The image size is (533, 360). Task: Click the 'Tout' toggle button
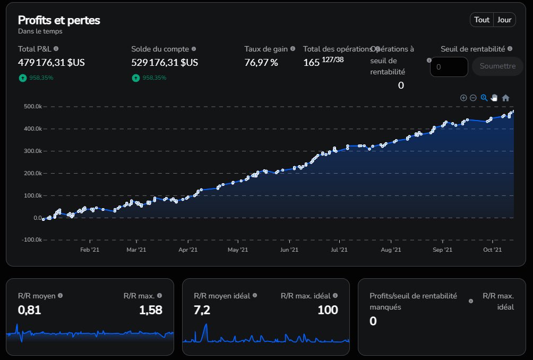482,20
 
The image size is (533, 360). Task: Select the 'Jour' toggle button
504,20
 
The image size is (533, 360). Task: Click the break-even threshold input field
449,67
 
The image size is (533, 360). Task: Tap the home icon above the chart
505,98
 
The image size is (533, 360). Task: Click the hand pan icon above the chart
494,98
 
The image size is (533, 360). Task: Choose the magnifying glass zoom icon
484,98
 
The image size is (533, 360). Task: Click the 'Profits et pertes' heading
59,20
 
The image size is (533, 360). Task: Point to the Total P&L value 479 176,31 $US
51,63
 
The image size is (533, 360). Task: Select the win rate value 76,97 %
261,63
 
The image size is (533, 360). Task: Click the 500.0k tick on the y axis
33,107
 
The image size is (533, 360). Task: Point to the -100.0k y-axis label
32,240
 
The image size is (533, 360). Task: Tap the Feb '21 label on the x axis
90,250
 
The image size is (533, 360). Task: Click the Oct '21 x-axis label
492,250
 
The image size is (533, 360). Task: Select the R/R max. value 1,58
150,310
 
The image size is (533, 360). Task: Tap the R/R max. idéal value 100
328,310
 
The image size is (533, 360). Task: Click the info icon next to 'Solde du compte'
193,49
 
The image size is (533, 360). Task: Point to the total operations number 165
311,63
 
